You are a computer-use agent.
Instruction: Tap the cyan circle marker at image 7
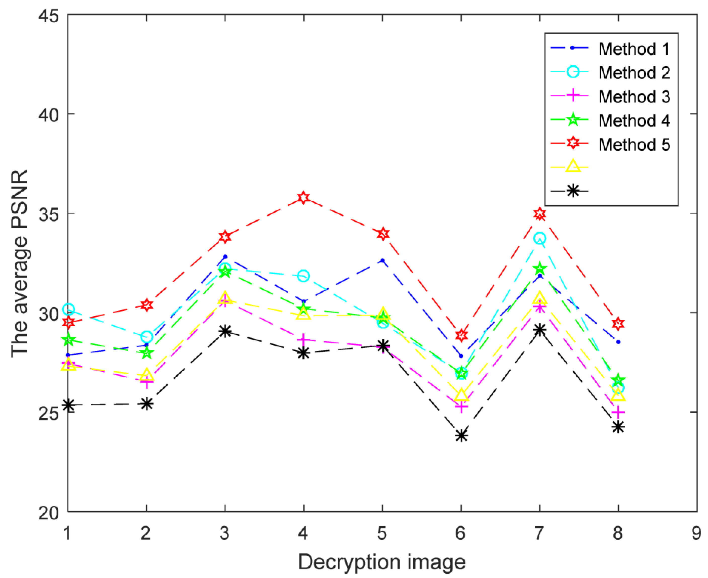point(540,238)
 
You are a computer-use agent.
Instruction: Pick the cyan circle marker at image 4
point(303,276)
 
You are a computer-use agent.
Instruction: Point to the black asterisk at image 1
point(68,405)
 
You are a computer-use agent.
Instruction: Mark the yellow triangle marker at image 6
point(461,395)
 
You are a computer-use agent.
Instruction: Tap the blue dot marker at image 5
point(382,260)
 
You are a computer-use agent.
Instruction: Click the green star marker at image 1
point(68,340)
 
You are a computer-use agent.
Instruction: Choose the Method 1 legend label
point(634,49)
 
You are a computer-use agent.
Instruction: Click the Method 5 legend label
point(634,145)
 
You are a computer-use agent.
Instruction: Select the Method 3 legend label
point(634,97)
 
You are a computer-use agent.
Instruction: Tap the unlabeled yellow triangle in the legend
point(573,166)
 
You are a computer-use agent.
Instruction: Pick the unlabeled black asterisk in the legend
point(573,191)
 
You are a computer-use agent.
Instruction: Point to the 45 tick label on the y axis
point(49,16)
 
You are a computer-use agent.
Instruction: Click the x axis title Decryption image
point(382,562)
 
